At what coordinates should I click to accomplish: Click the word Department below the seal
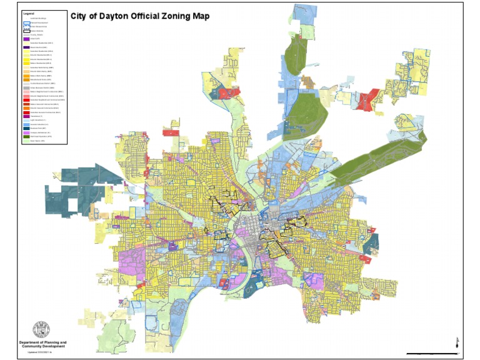pyautogui.click(x=31, y=342)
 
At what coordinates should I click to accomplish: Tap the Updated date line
pyautogui.click(x=44, y=353)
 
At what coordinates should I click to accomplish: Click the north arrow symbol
pyautogui.click(x=457, y=341)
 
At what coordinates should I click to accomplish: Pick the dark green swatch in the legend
pyautogui.click(x=26, y=136)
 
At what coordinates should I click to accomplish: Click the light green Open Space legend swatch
pyautogui.click(x=26, y=141)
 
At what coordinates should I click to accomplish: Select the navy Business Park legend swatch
pyautogui.click(x=26, y=128)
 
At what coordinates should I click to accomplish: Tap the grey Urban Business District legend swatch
pyautogui.click(x=26, y=87)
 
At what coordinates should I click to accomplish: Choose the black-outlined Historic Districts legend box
pyautogui.click(x=26, y=31)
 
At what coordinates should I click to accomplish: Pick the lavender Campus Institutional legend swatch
pyautogui.click(x=26, y=132)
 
